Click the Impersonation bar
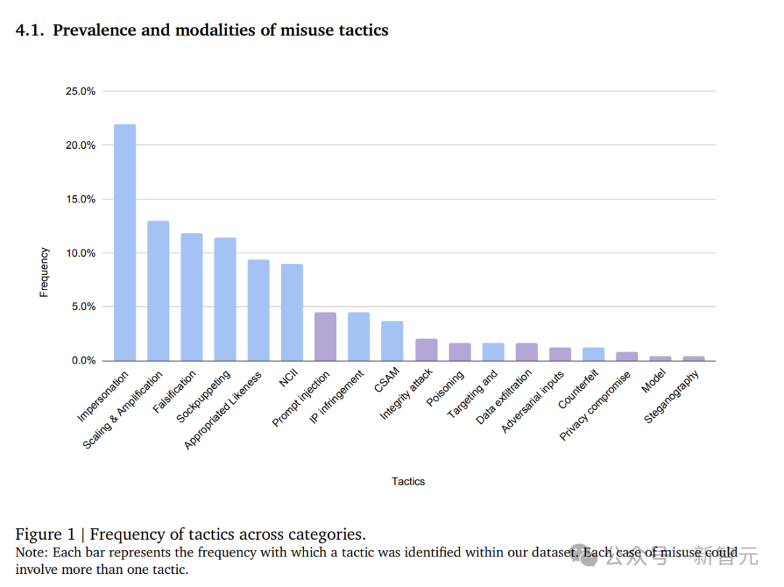tap(124, 242)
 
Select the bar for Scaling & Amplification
tap(158, 290)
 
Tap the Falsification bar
tap(192, 297)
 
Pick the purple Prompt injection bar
tap(325, 336)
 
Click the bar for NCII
tap(292, 312)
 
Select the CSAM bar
tap(392, 340)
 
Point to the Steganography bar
tap(693, 358)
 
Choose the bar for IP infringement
tap(359, 336)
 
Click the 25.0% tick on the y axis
tap(81, 91)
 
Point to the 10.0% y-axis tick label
tap(81, 253)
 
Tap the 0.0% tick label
tap(83, 361)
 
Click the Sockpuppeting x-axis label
tap(205, 397)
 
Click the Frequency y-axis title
tap(44, 272)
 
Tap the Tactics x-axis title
tap(408, 481)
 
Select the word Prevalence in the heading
tap(89, 30)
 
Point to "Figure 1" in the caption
tap(45, 535)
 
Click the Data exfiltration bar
tap(526, 351)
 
